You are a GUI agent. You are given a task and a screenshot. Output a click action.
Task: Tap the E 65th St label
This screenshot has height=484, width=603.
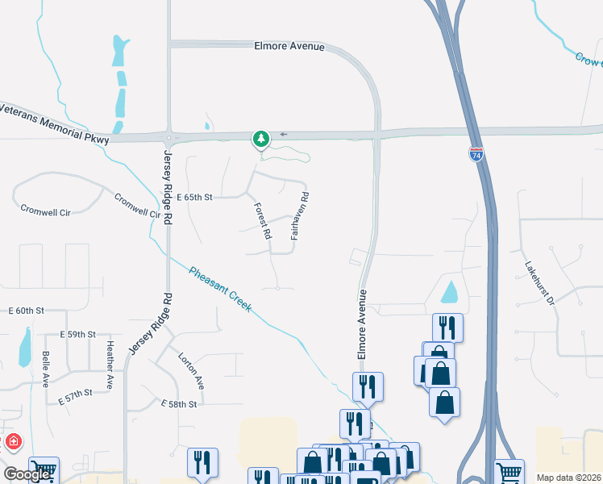click(194, 197)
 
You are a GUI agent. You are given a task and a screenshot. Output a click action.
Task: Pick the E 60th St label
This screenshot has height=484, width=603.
click(26, 311)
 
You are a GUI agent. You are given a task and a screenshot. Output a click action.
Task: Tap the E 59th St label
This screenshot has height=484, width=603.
click(77, 334)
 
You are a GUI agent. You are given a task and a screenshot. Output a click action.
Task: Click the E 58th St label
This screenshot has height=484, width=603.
click(179, 403)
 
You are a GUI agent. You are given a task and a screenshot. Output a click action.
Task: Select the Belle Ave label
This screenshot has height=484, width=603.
click(46, 369)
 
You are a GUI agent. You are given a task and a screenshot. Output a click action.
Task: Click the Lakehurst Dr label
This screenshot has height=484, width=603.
click(540, 282)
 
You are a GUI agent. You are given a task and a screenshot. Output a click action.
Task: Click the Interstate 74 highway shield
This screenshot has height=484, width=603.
click(476, 154)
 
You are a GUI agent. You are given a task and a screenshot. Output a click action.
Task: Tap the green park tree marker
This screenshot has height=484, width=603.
click(260, 140)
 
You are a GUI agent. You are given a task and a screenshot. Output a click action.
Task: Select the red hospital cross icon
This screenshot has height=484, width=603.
click(14, 442)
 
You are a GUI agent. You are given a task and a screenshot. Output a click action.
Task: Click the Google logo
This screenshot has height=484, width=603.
click(27, 474)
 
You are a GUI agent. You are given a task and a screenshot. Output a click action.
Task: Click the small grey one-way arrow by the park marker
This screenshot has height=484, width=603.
click(283, 134)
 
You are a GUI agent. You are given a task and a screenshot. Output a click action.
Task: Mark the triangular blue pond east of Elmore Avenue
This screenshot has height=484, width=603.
click(450, 292)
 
